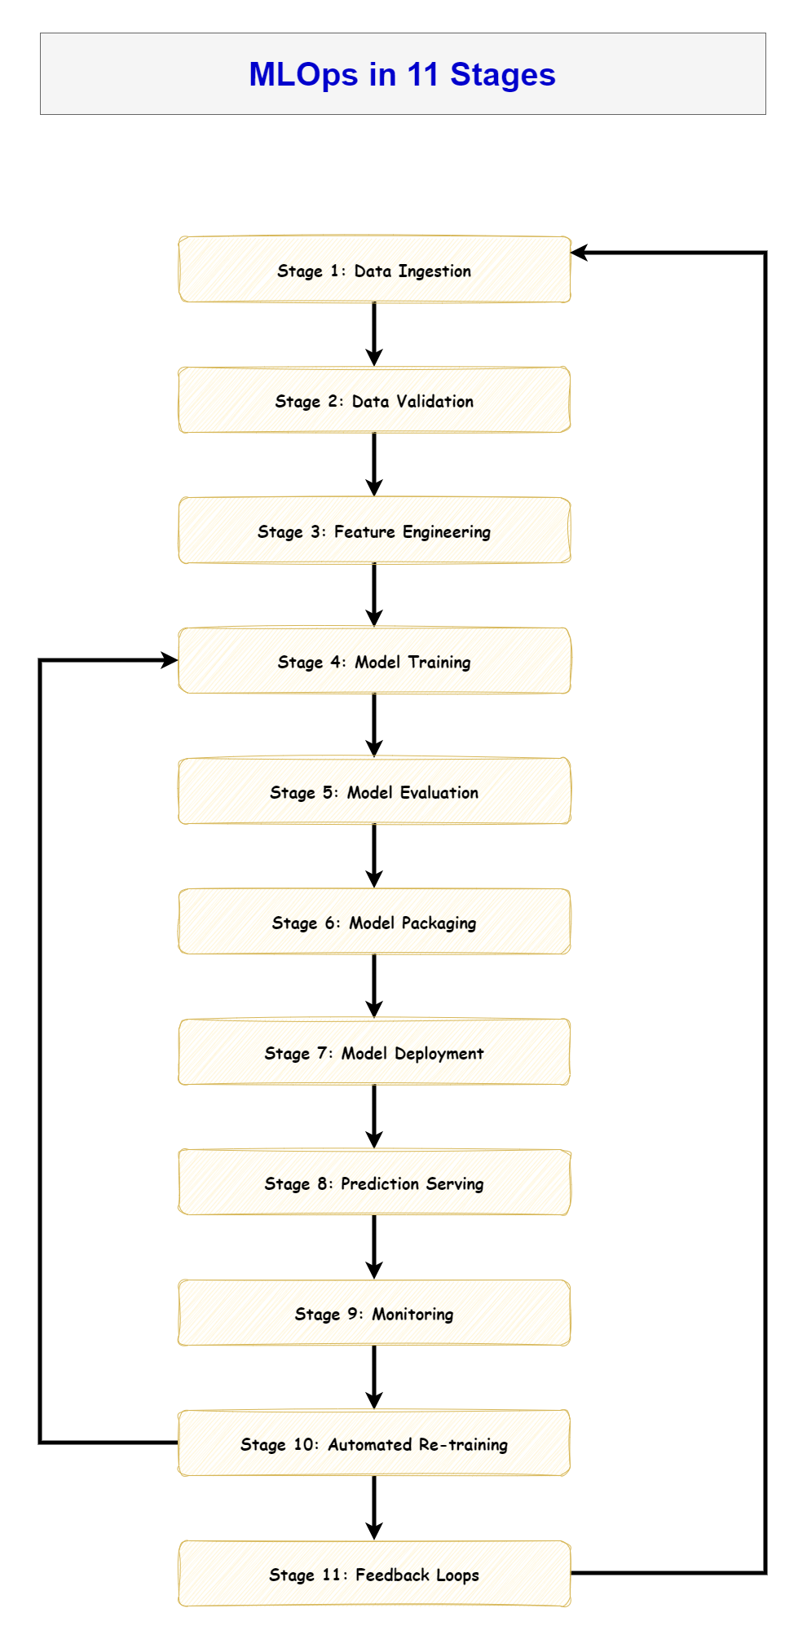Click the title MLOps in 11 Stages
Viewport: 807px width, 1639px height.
402,74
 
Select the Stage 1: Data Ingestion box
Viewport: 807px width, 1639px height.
374,270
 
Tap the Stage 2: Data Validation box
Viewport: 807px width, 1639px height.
374,400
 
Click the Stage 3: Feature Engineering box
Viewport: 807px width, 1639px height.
374,531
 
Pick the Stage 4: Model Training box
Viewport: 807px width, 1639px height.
374,661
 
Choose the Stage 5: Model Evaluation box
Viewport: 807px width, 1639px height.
374,791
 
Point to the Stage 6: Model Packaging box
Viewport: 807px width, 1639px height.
374,922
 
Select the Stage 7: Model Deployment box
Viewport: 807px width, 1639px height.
374,1052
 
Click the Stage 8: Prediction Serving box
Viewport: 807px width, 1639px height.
374,1183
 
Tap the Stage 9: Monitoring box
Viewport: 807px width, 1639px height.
374,1313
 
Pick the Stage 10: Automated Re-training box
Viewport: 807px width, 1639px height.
374,1443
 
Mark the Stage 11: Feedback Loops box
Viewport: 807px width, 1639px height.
374,1574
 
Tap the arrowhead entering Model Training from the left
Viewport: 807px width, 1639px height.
170,660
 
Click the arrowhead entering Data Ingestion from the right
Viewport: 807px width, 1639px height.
580,253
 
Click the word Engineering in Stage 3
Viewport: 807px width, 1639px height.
446,532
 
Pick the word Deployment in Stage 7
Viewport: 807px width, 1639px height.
439,1054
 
